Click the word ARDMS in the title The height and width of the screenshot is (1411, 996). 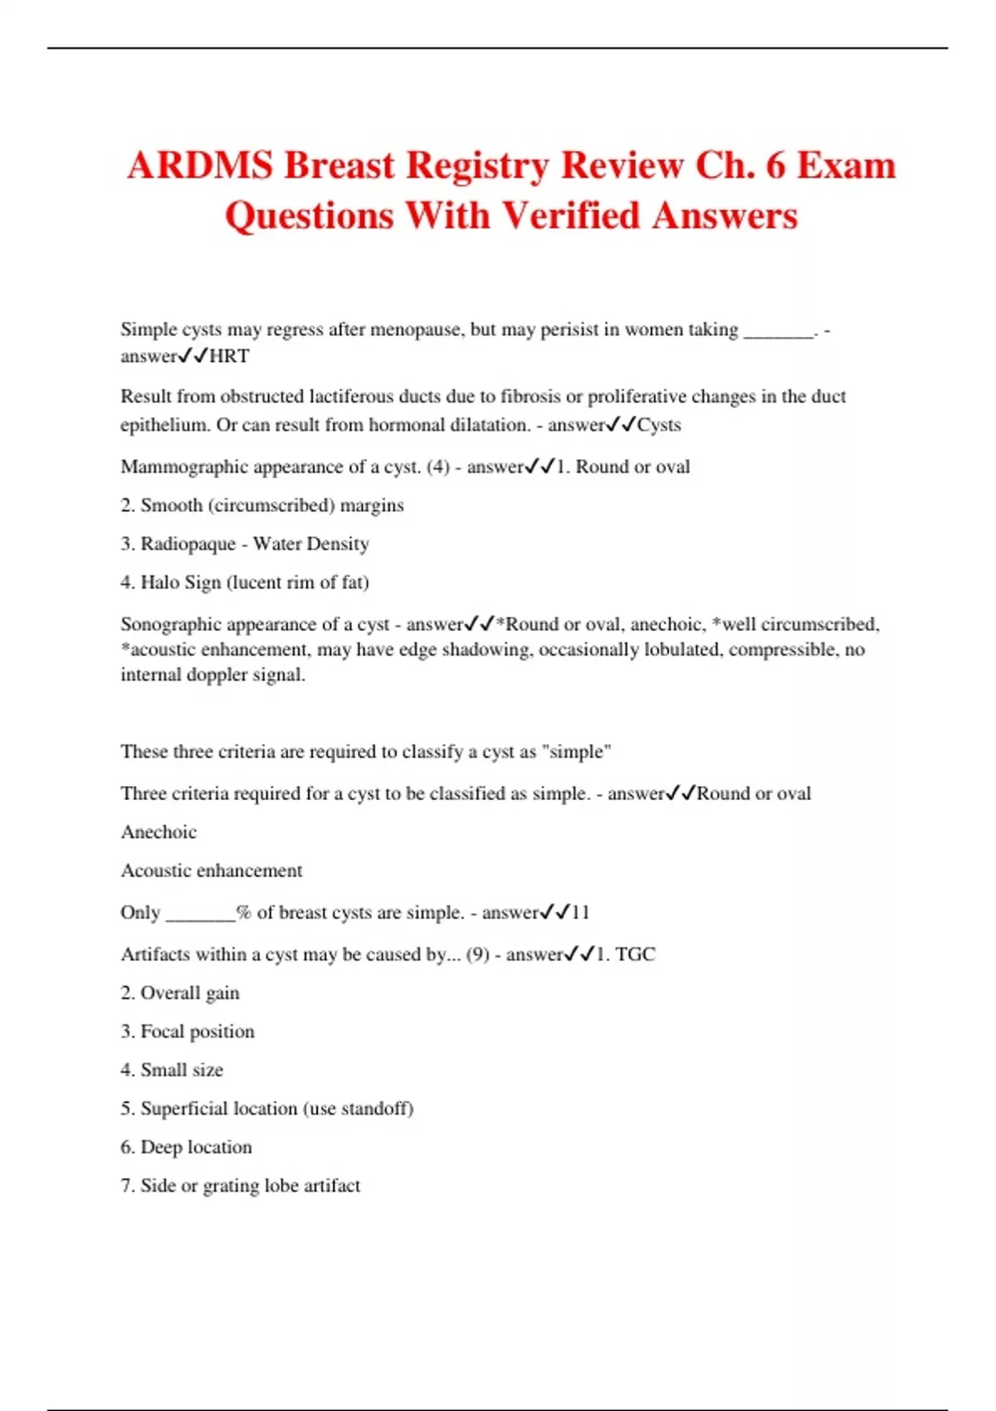click(x=199, y=166)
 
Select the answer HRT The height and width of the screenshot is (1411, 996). click(x=229, y=356)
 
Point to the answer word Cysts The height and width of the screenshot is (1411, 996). click(x=659, y=425)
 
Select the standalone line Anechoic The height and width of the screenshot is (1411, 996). click(x=159, y=832)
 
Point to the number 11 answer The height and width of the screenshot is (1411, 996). click(x=580, y=912)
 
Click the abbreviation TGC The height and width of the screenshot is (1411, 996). click(x=635, y=954)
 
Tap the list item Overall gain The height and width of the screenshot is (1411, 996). click(x=190, y=993)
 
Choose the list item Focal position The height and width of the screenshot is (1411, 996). click(x=198, y=1032)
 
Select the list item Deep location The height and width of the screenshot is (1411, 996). click(x=196, y=1147)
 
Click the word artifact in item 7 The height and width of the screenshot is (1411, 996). click(x=332, y=1186)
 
